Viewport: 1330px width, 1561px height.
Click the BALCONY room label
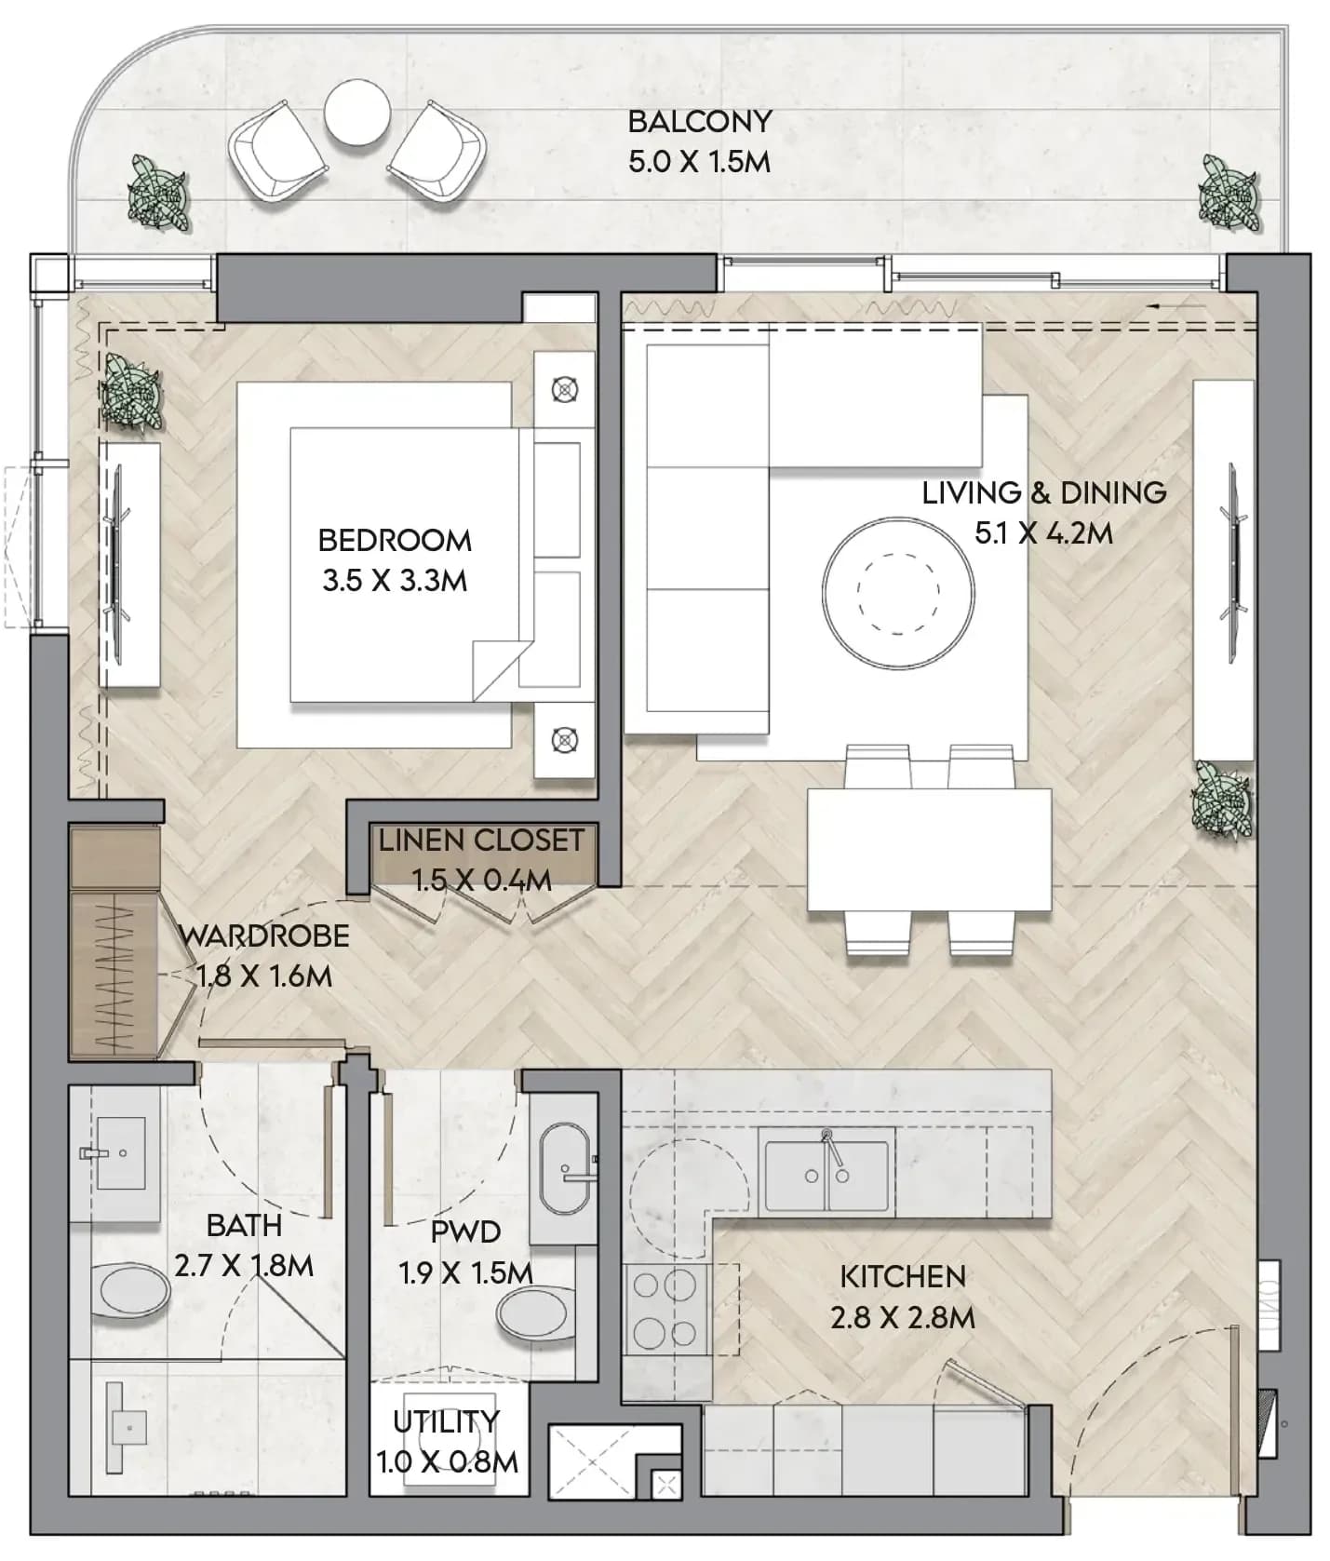pos(700,121)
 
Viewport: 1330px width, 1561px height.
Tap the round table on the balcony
pos(357,112)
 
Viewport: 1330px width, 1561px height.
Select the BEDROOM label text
pos(395,540)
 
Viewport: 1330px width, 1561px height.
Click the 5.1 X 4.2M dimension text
pos(1043,533)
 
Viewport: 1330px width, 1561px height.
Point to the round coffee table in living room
pos(898,593)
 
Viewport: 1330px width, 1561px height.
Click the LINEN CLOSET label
pos(481,840)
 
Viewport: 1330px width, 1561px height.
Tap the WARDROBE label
pos(264,935)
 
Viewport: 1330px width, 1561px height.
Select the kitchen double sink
pos(826,1175)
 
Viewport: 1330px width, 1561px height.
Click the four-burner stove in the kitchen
pos(665,1310)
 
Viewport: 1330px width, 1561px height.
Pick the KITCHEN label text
pos(903,1276)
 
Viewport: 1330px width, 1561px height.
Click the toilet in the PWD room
pos(537,1312)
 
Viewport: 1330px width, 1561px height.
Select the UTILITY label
pos(446,1421)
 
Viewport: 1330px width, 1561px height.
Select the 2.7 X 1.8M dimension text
pos(244,1266)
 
